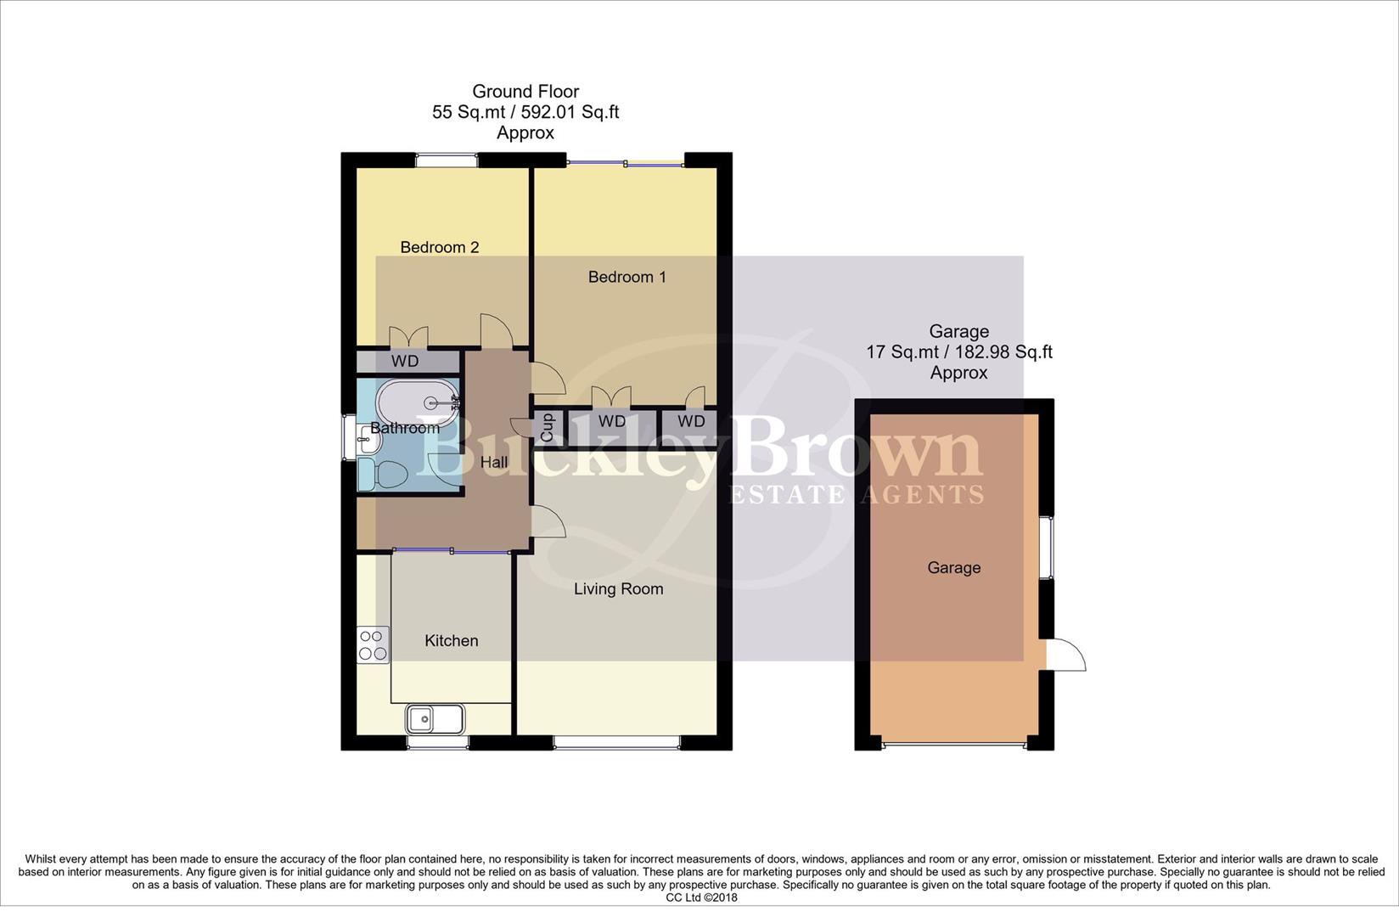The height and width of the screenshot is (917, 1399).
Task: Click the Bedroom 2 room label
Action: click(x=439, y=247)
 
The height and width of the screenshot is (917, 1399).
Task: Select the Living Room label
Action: click(x=618, y=588)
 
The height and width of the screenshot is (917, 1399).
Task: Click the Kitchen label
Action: click(x=451, y=640)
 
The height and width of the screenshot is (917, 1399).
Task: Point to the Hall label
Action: click(x=493, y=462)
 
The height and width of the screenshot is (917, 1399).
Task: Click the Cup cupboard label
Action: click(x=548, y=427)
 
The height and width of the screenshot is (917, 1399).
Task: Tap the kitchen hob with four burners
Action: click(x=373, y=644)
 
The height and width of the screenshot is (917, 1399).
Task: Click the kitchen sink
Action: click(x=434, y=719)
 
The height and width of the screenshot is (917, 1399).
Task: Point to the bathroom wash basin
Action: click(x=367, y=438)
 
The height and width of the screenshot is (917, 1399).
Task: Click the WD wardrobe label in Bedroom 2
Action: click(x=405, y=361)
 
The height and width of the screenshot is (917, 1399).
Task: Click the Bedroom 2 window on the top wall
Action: click(x=447, y=157)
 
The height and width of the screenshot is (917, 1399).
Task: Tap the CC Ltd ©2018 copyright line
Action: click(x=701, y=897)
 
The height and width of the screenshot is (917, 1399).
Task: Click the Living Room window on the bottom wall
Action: click(x=616, y=743)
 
